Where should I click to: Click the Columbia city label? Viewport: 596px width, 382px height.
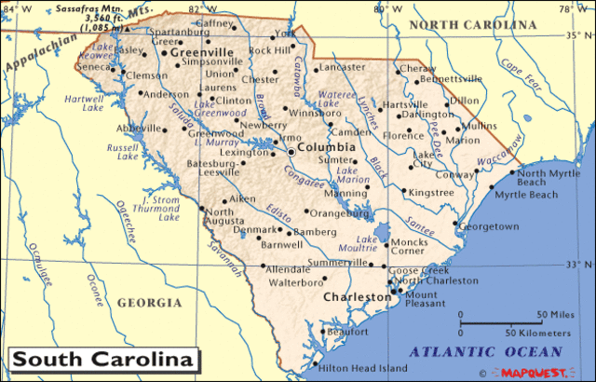click(x=326, y=147)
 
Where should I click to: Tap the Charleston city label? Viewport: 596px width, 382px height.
click(x=357, y=297)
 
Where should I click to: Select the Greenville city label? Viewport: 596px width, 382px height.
click(x=201, y=53)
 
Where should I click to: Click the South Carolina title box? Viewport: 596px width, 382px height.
click(x=102, y=359)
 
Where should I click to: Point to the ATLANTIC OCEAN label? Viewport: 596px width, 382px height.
click(x=487, y=351)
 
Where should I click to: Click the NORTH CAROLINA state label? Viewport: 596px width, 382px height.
click(x=466, y=23)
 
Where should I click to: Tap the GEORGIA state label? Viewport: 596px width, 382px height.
click(x=149, y=303)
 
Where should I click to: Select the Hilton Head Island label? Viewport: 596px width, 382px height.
click(x=363, y=368)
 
